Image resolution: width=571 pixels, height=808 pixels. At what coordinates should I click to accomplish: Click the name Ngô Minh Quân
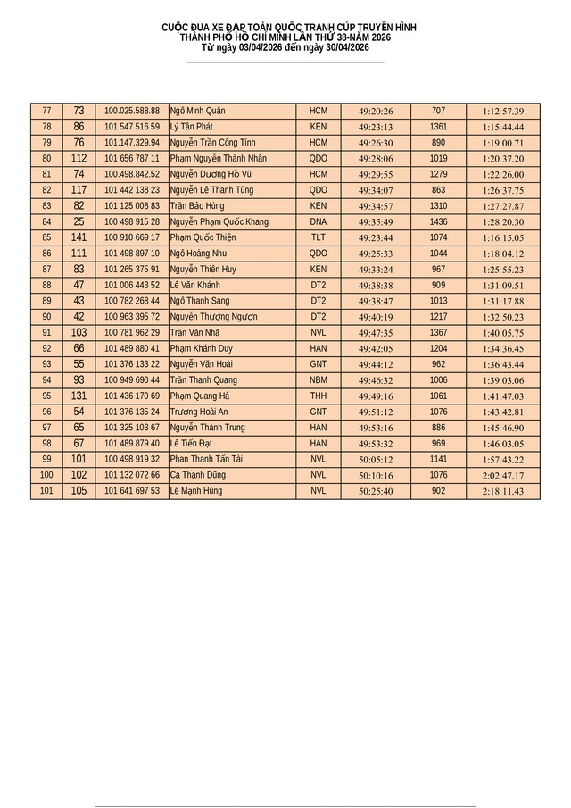point(197,111)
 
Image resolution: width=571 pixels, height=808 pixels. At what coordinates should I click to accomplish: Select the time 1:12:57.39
point(503,112)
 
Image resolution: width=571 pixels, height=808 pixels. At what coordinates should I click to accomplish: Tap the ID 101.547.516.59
point(132,127)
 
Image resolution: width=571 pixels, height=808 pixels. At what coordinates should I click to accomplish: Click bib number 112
point(79,158)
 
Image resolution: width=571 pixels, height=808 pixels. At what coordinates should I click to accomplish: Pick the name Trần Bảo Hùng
point(197,206)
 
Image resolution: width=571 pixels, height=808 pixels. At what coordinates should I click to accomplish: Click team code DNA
point(319,222)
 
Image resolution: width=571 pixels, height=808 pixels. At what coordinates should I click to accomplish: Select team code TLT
point(319,237)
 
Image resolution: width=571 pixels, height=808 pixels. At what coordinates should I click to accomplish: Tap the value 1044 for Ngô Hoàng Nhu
point(438,254)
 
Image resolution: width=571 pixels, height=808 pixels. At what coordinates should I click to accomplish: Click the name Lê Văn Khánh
point(194,286)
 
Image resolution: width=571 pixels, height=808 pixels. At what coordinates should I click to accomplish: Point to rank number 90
point(46,317)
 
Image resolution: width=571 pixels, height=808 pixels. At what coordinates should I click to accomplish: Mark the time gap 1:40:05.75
point(503,333)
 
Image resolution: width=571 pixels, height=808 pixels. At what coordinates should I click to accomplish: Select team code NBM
point(319,380)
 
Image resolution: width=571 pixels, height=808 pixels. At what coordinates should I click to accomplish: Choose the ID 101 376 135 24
point(132,412)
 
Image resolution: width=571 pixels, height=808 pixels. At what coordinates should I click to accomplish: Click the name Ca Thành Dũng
point(197,476)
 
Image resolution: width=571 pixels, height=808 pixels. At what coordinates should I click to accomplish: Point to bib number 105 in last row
point(79,491)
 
